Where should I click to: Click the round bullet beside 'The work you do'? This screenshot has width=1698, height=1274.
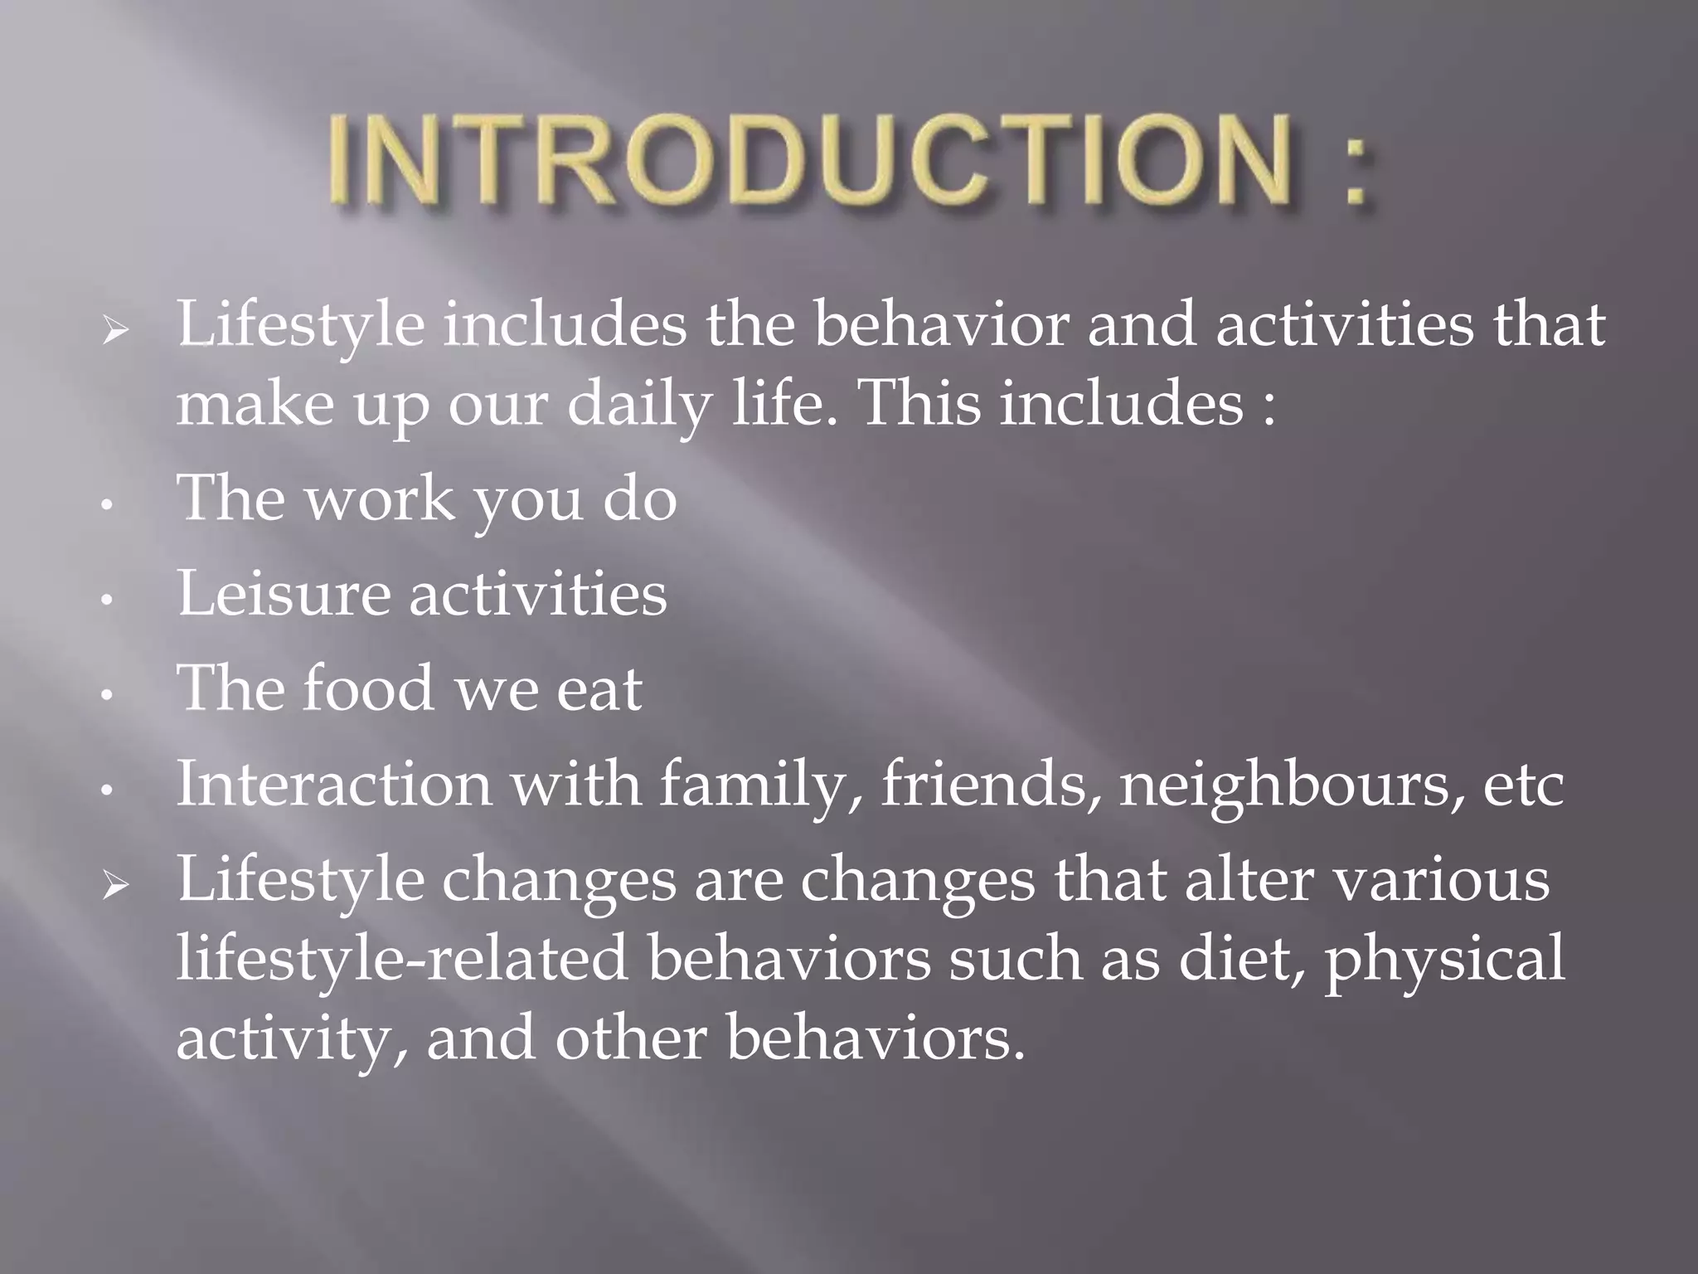tap(105, 505)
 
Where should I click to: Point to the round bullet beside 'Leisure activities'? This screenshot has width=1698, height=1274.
tap(105, 600)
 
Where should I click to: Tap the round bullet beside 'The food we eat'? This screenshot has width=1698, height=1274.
tap(105, 695)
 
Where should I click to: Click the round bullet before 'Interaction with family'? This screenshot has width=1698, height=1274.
tap(105, 790)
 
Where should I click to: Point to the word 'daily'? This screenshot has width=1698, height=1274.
tap(638, 406)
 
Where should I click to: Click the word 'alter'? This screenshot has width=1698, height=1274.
tap(1249, 879)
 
